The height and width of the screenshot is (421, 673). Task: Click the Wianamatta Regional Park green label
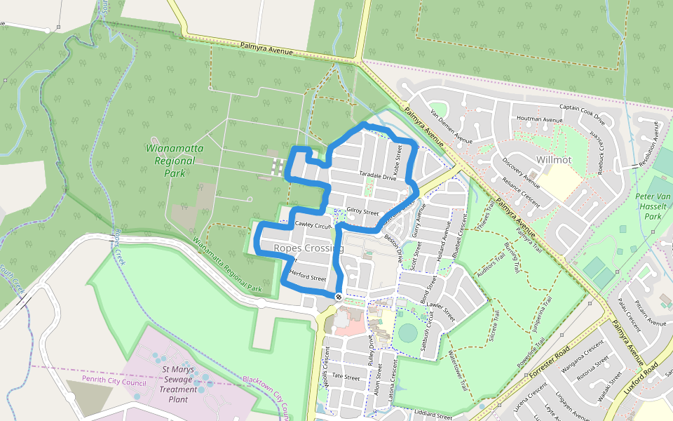click(x=169, y=160)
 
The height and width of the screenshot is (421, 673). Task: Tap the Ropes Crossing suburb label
click(x=308, y=248)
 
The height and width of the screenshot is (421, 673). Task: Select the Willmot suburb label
click(x=553, y=160)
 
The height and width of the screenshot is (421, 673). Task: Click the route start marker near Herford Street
click(x=338, y=298)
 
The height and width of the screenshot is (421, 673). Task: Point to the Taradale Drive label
click(x=378, y=177)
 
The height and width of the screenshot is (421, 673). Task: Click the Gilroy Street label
click(x=362, y=212)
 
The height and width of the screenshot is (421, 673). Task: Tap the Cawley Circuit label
click(x=313, y=225)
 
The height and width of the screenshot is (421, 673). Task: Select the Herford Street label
click(x=308, y=278)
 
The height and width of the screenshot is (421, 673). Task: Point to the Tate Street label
click(x=346, y=377)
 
